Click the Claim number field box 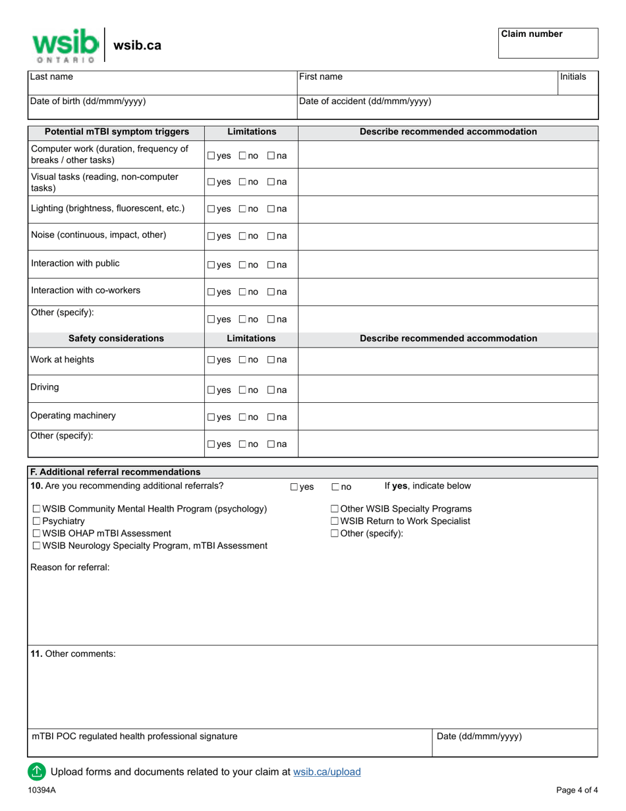(548, 44)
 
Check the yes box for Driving (211, 390)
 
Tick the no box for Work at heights (242, 360)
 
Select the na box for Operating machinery (271, 417)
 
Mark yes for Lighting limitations (211, 209)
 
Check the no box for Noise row (242, 237)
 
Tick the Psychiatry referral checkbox (36, 521)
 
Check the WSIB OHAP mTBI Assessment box (36, 533)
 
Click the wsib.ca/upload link (327, 771)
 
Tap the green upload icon (36, 771)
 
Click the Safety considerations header (116, 338)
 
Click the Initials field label (573, 76)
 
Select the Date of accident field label (365, 101)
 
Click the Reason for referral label (70, 567)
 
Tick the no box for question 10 (335, 487)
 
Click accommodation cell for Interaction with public (448, 264)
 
